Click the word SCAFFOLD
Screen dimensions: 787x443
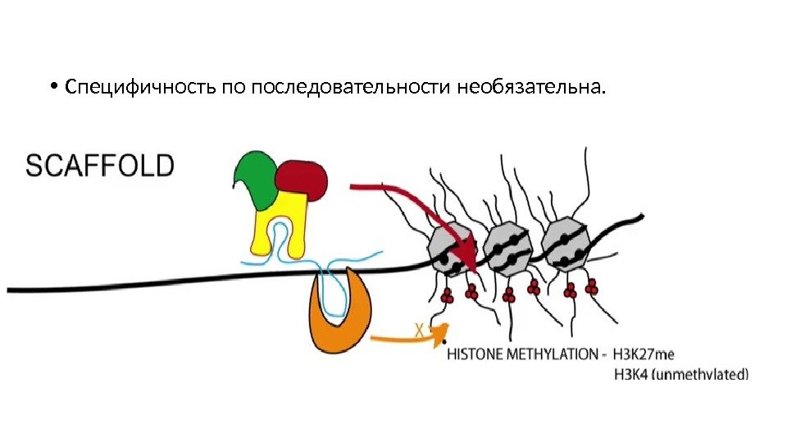tap(101, 167)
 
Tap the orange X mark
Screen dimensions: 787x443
tap(420, 331)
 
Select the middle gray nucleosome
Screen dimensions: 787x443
tap(509, 245)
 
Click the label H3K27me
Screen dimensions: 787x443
tap(645, 355)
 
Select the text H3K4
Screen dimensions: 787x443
tap(631, 376)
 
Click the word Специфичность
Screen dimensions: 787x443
tap(141, 86)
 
